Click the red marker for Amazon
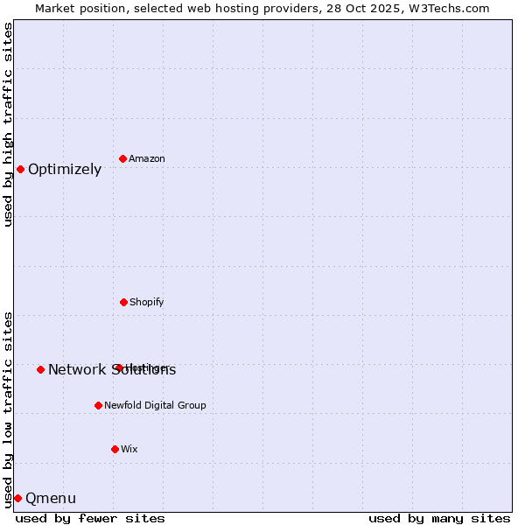[122, 158]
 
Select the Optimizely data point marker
[20, 169]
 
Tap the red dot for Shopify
[123, 302]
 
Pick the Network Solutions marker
[40, 369]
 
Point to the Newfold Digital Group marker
[98, 405]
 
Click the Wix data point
[115, 449]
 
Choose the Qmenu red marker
[17, 498]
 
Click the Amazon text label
[147, 158]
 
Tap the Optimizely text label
[65, 170]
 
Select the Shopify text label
[147, 302]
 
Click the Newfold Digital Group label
[155, 405]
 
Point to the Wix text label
[129, 449]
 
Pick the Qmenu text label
[51, 499]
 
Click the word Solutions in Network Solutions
[143, 369]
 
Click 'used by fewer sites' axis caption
[90, 518]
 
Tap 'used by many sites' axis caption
[439, 518]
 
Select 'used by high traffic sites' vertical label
[8, 124]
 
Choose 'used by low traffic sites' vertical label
[8, 409]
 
